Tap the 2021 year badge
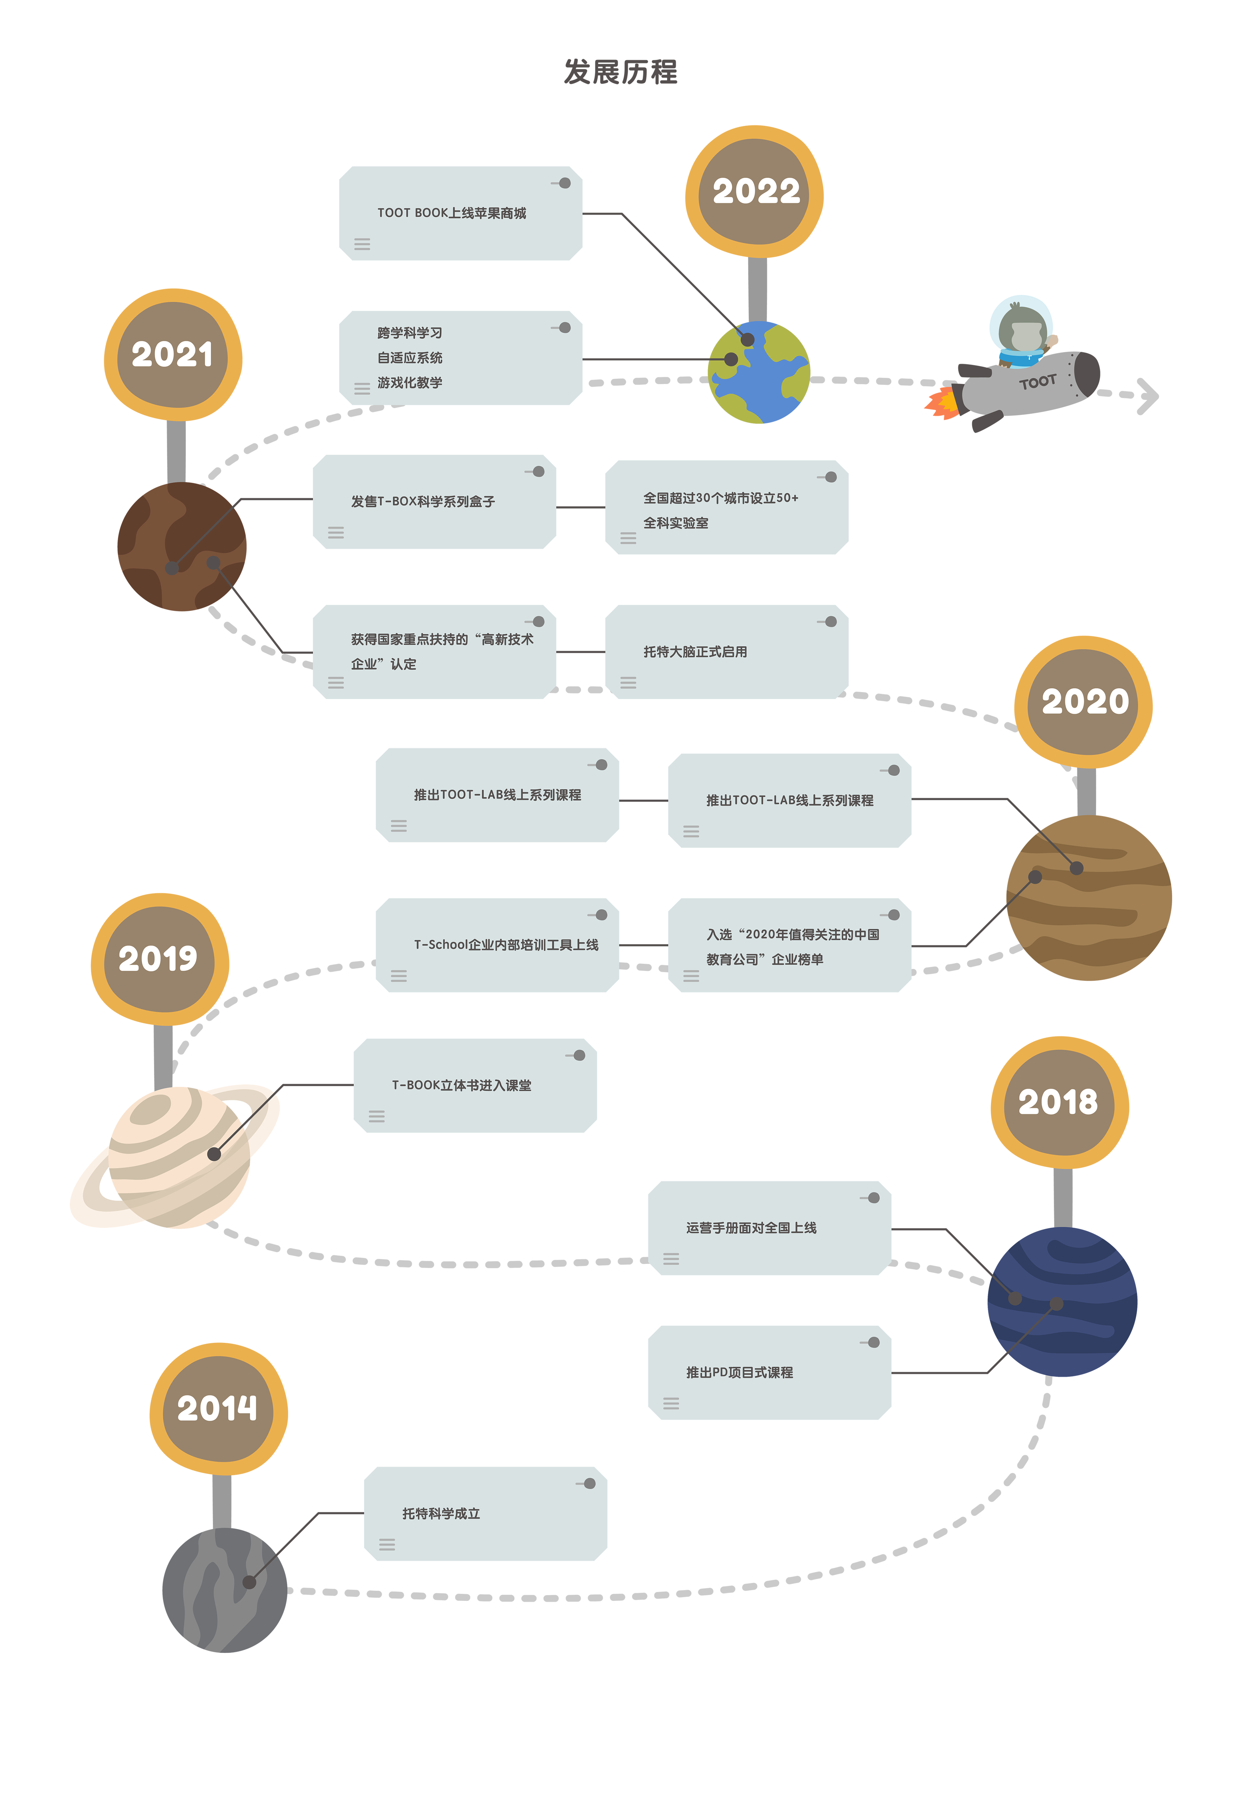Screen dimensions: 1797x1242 (172, 355)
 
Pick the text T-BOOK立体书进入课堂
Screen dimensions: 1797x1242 (462, 1085)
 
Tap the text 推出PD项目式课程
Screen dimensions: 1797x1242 (739, 1373)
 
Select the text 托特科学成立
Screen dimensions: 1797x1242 (441, 1513)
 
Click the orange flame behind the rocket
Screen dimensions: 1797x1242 (930, 440)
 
